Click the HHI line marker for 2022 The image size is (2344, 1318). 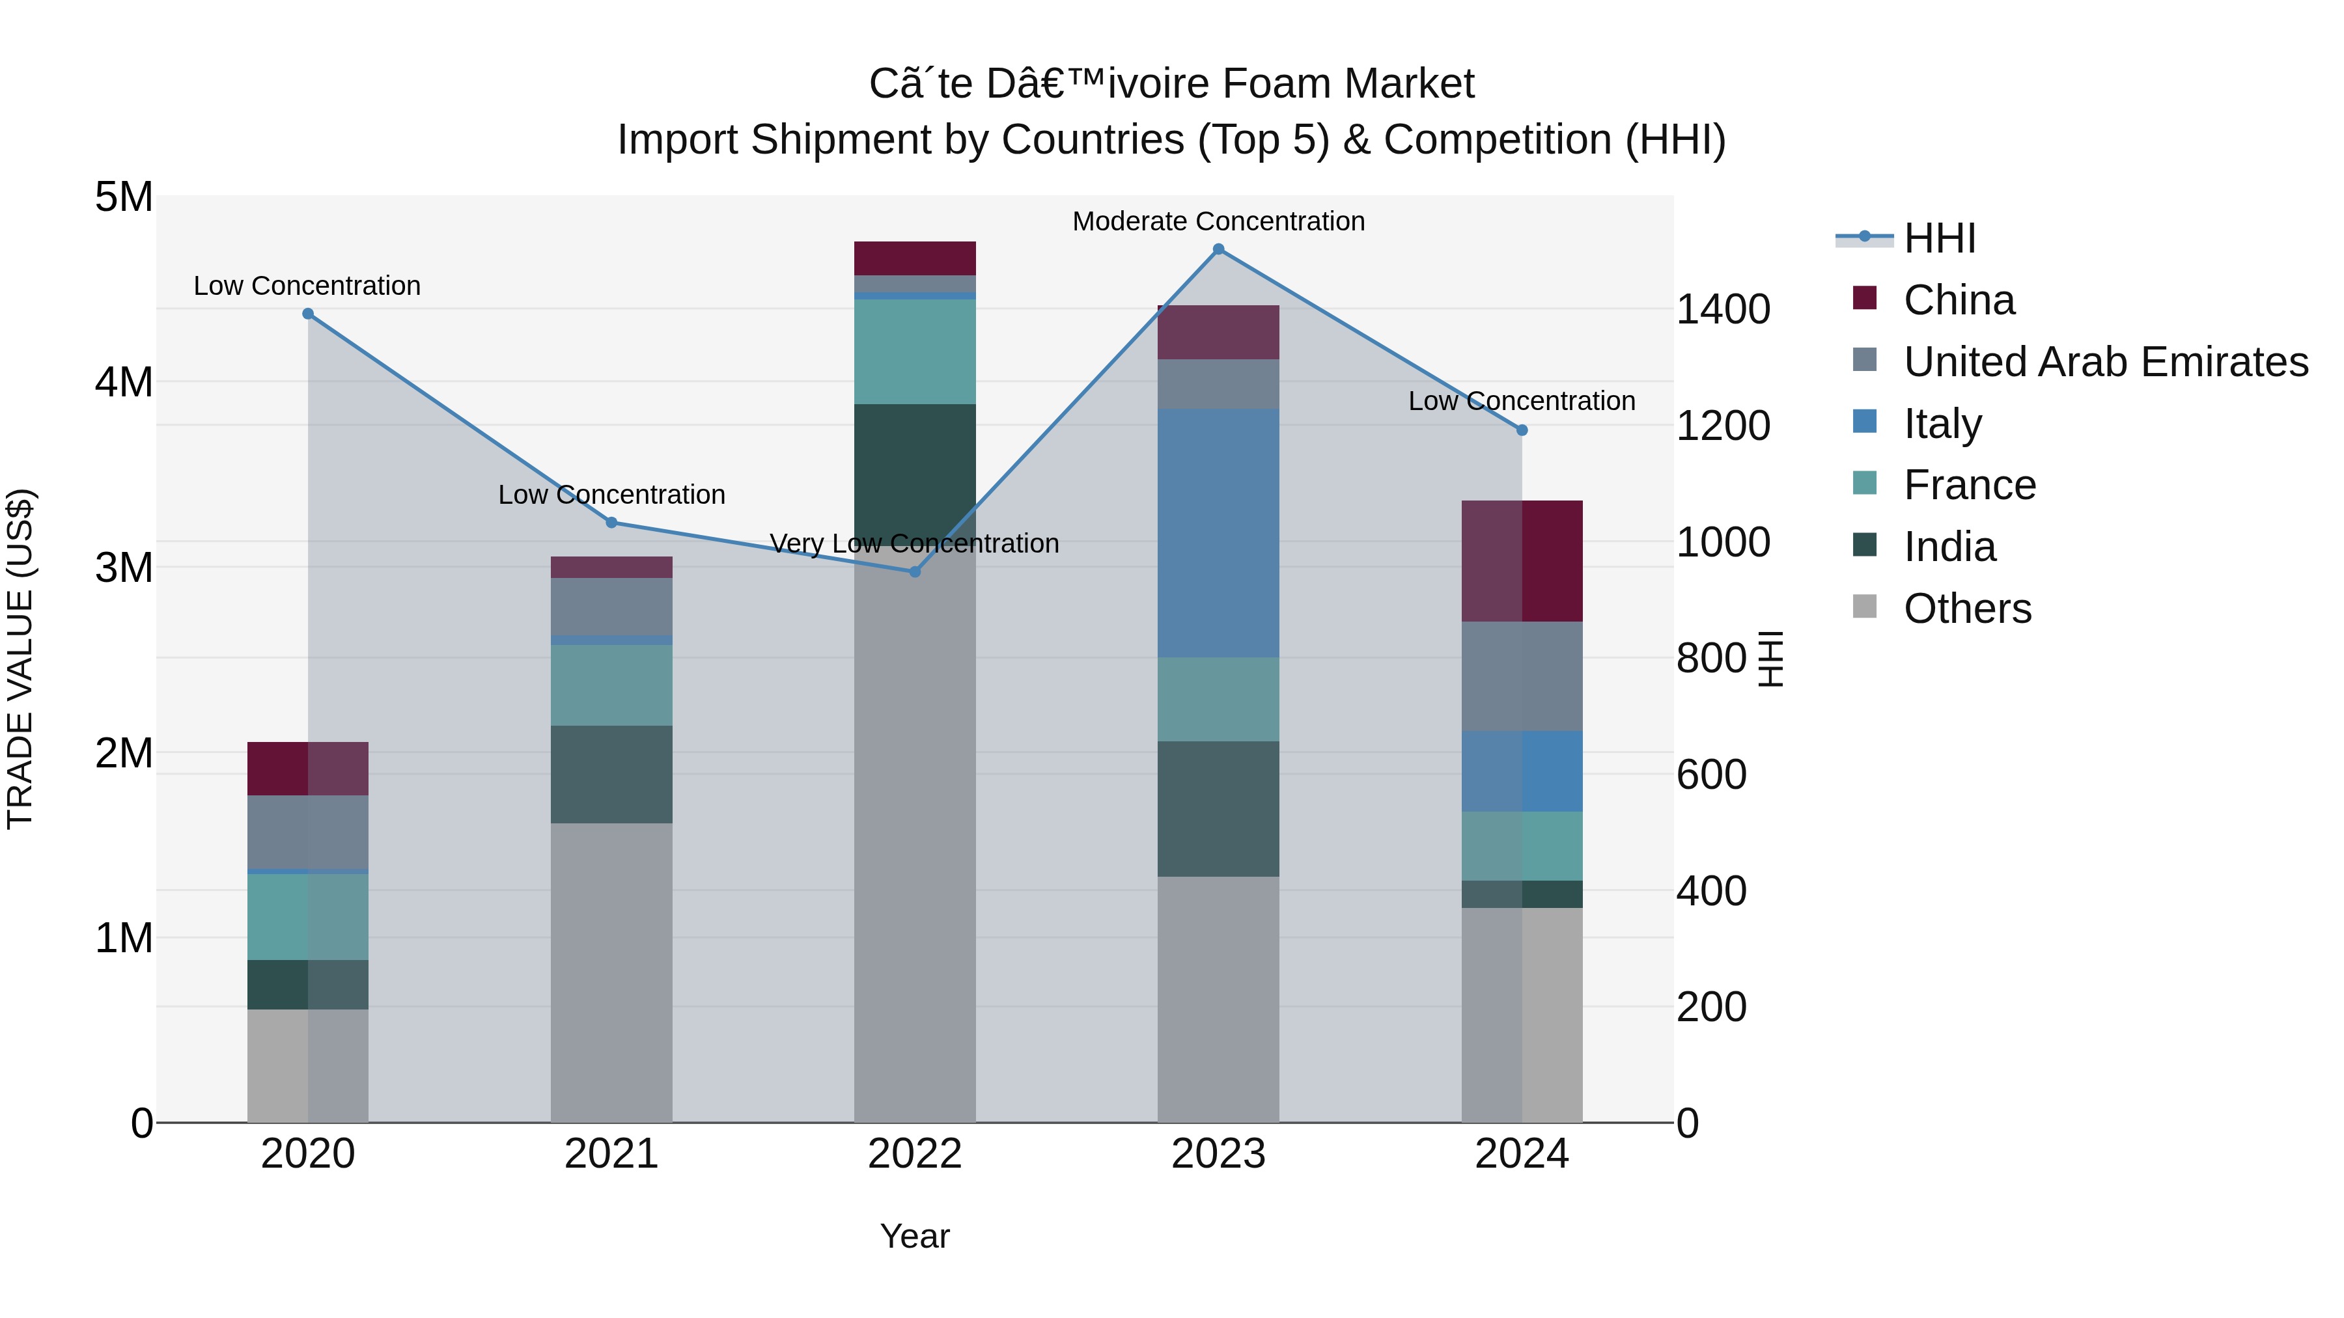(915, 571)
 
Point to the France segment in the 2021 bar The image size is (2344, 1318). (611, 685)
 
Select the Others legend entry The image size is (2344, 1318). (1966, 609)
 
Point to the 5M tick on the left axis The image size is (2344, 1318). (124, 197)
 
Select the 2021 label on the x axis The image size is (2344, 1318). (611, 1154)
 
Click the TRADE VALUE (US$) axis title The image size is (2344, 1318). (20, 659)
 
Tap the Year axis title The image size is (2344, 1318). (915, 1236)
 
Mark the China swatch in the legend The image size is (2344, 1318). (1865, 298)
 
